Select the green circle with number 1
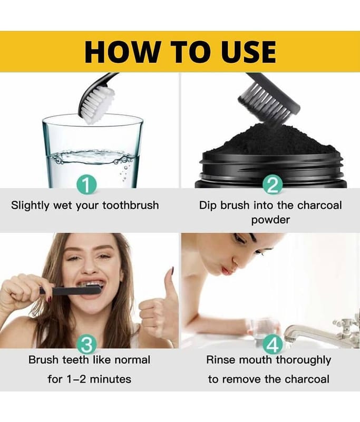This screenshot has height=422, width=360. point(86,185)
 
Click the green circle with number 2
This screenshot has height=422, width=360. point(273,185)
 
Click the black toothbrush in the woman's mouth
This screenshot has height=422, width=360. point(71,291)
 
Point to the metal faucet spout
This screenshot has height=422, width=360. point(309,334)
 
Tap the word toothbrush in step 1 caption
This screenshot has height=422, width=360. point(131,205)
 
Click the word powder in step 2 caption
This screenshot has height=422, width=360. point(270,220)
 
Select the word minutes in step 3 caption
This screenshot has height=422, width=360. point(111,379)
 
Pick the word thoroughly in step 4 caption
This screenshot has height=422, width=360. point(304,361)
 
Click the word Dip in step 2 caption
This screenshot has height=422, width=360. point(208,206)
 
